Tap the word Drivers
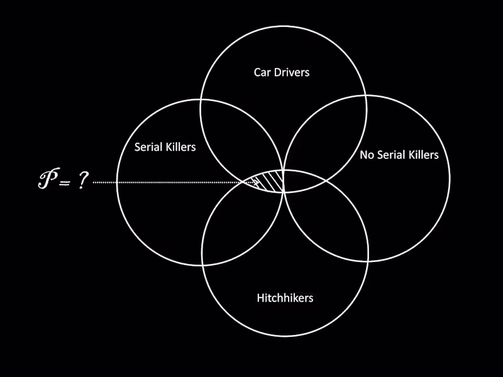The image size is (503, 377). pyautogui.click(x=291, y=72)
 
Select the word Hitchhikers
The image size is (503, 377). pyautogui.click(x=285, y=297)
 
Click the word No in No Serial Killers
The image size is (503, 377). pyautogui.click(x=367, y=155)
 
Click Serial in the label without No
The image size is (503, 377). pyautogui.click(x=148, y=147)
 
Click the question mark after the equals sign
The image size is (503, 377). pyautogui.click(x=82, y=182)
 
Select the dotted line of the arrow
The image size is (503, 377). pyautogui.click(x=170, y=183)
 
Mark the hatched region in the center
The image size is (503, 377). pyautogui.click(x=270, y=180)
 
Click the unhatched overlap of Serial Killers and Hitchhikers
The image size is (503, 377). pyautogui.click(x=242, y=220)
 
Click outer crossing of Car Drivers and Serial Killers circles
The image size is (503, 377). pyautogui.click(x=201, y=101)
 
